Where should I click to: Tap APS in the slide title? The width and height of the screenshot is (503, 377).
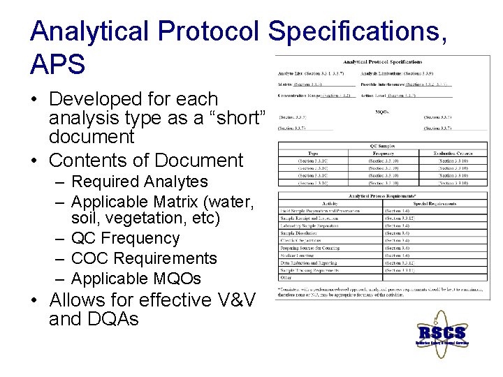tap(58, 65)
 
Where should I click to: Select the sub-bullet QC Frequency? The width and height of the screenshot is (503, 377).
tap(126, 238)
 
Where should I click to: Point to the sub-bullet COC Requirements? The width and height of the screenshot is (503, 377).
tap(144, 258)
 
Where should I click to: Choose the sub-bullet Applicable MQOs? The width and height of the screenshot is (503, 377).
tap(136, 279)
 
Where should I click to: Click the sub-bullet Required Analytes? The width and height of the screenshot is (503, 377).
tap(140, 182)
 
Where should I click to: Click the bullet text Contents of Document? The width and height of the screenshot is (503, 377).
tap(145, 160)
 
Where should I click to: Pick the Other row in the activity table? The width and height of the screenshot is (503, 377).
tap(286, 276)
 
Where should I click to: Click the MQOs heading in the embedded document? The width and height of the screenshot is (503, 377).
tap(382, 111)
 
